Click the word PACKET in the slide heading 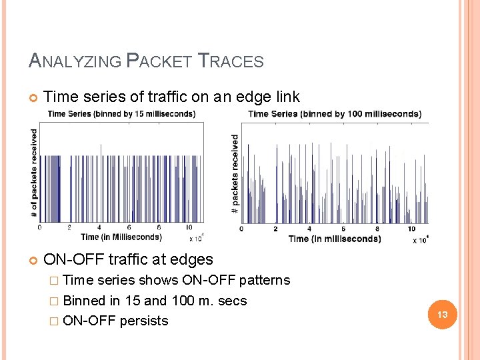(161, 61)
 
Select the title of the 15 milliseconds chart (121, 113)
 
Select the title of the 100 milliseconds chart (335, 113)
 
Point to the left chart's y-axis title (35, 173)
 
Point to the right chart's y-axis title (235, 174)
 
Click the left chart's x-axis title (121, 237)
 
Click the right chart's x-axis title (335, 239)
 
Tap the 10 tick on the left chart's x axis (190, 228)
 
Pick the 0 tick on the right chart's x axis (241, 229)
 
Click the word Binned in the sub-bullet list (83, 301)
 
